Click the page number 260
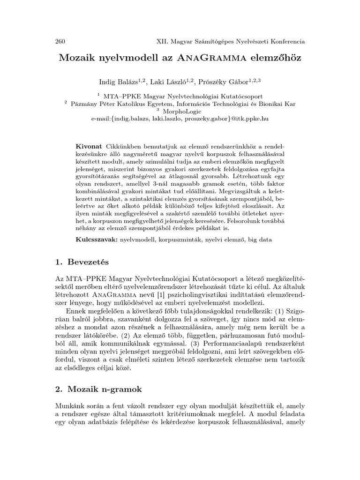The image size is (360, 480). coord(60,41)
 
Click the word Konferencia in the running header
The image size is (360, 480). coord(284,41)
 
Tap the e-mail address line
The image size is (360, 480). coord(180,120)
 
